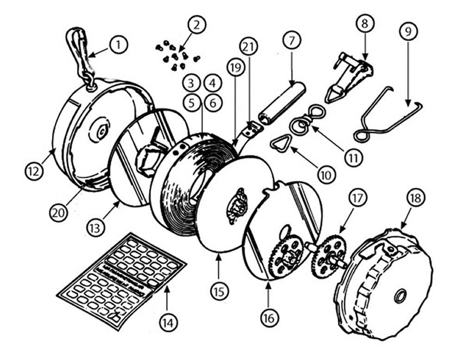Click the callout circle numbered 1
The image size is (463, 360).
(118, 45)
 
